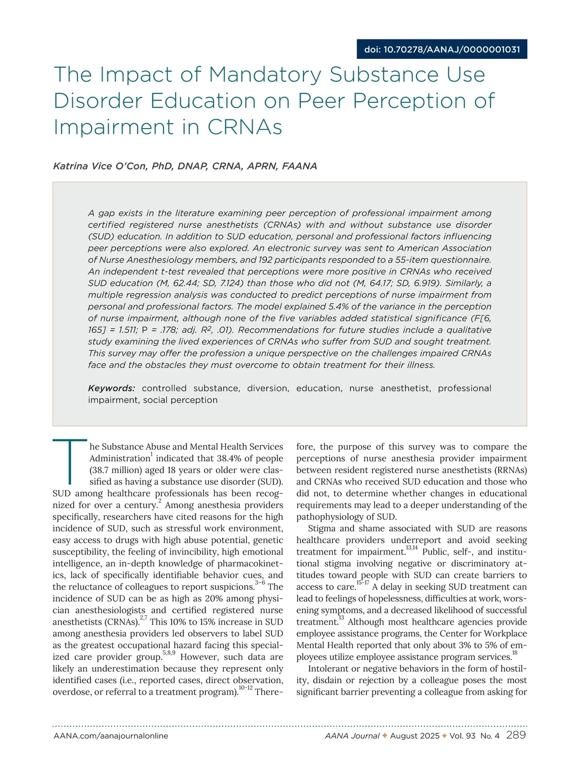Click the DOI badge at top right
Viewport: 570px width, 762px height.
coord(442,49)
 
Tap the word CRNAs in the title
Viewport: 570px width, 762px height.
coord(245,127)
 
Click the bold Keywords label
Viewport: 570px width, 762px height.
coord(112,388)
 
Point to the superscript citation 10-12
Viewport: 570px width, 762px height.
coord(246,688)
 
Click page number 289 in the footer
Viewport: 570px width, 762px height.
coord(516,735)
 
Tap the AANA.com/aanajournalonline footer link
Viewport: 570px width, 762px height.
coord(111,736)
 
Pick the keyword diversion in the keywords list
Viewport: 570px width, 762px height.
coord(267,388)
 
